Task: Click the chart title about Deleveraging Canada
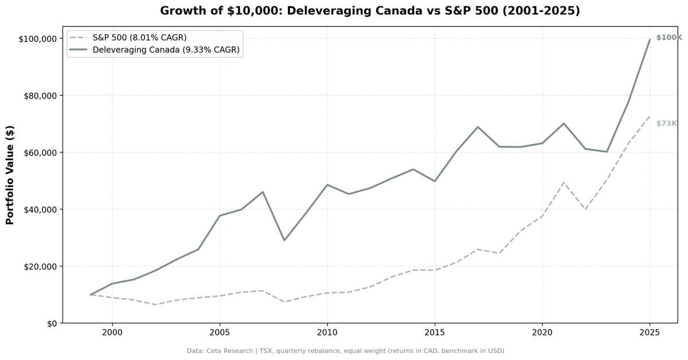(370, 11)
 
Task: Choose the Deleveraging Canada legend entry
(166, 50)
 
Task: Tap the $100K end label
(669, 38)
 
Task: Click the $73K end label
(667, 123)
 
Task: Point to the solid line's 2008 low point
(284, 240)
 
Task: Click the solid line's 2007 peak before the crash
(263, 192)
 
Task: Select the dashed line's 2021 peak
(564, 182)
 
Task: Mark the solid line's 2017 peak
(478, 127)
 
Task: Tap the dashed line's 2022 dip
(585, 209)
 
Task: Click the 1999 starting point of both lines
(91, 295)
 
